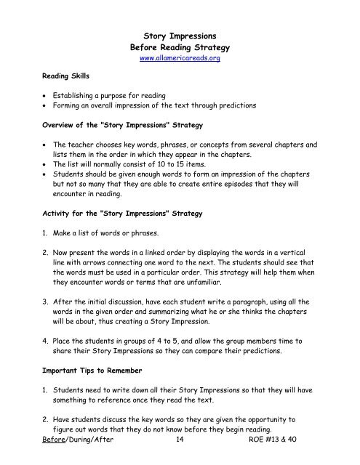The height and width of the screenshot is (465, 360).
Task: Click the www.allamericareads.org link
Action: (179, 59)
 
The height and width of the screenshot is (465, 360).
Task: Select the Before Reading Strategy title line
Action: (179, 46)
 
